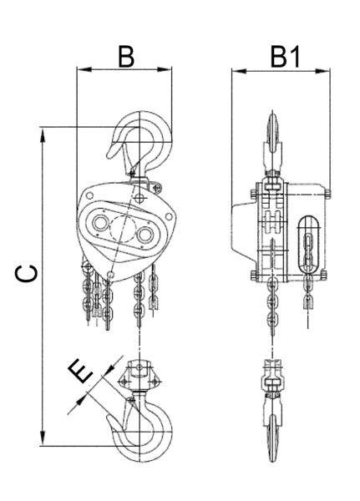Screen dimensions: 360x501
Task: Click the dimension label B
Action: point(126,57)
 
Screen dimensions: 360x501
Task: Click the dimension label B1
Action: point(285,57)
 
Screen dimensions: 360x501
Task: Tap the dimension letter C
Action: point(28,274)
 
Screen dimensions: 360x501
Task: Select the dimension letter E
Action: point(80,371)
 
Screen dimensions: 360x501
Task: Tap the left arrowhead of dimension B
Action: point(84,69)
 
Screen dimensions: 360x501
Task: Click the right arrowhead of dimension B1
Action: point(322,71)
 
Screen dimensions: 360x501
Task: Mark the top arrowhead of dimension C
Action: point(43,134)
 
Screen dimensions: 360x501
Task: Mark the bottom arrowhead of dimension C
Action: point(43,438)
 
